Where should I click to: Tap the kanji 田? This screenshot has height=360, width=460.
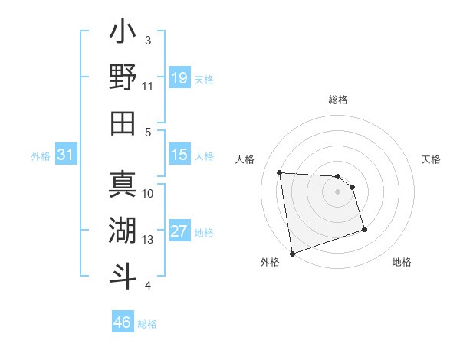123,123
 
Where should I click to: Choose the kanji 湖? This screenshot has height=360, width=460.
123,230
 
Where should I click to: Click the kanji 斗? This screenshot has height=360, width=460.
123,274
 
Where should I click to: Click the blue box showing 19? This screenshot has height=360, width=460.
179,77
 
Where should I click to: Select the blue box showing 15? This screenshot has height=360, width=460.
179,155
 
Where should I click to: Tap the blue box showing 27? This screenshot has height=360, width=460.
179,232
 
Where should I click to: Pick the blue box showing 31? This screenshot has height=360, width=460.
66,155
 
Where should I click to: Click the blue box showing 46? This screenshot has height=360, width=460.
123,322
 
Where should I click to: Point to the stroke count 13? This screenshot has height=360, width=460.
149,241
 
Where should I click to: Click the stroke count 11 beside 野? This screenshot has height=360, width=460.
149,87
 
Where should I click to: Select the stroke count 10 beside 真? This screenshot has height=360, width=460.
149,193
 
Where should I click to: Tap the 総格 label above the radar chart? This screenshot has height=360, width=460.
338,100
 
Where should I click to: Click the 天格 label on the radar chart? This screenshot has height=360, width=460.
432,159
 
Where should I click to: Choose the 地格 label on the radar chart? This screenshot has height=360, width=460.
402,263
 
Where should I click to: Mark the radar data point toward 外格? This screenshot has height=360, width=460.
292,253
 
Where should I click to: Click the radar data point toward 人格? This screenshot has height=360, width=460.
280,172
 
